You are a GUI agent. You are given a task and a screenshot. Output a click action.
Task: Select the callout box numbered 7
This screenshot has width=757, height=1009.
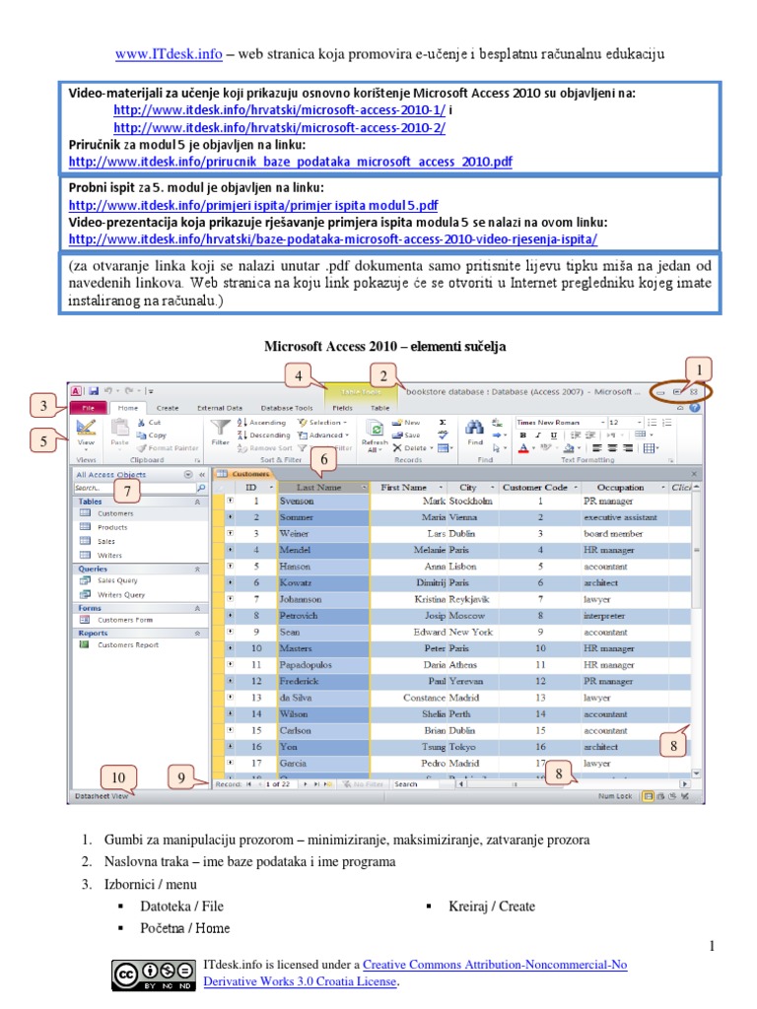pyautogui.click(x=129, y=490)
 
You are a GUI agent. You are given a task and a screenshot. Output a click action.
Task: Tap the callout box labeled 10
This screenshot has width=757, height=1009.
pyautogui.click(x=118, y=777)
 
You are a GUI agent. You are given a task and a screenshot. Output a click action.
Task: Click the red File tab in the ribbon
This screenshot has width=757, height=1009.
pyautogui.click(x=88, y=407)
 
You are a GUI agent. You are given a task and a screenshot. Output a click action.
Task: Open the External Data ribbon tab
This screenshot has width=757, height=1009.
pyautogui.click(x=219, y=407)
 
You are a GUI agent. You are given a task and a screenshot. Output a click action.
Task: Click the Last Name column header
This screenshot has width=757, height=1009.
pyautogui.click(x=319, y=487)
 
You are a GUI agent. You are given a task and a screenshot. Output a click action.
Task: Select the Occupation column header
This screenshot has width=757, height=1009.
pyautogui.click(x=620, y=487)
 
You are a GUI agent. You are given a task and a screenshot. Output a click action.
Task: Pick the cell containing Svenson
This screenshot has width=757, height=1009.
pyautogui.click(x=296, y=501)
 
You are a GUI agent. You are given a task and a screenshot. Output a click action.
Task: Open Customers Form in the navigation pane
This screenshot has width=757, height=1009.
pyautogui.click(x=125, y=620)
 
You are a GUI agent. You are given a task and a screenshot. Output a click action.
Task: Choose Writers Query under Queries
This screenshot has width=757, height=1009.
pyautogui.click(x=121, y=594)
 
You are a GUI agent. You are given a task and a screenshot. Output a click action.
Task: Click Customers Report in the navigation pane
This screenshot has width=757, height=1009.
pyautogui.click(x=128, y=644)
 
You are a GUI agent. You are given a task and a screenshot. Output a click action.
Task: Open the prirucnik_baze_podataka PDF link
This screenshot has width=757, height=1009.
pyautogui.click(x=290, y=161)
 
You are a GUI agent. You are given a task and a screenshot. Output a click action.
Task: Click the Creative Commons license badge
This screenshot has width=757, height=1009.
pyautogui.click(x=154, y=975)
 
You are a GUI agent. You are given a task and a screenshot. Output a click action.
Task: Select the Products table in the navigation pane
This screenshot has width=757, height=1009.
pyautogui.click(x=112, y=527)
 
